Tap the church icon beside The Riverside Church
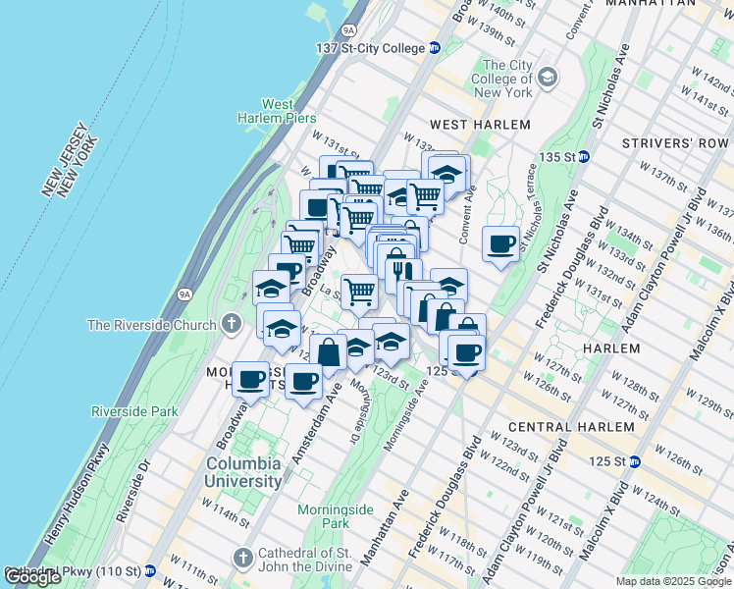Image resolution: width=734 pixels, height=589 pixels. [x=231, y=323]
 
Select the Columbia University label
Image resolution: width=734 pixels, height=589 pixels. [x=243, y=472]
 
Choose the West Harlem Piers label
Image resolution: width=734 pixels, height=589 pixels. [x=277, y=111]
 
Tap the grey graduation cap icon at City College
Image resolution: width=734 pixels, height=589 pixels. [x=548, y=77]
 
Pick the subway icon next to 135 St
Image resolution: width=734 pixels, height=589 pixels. [x=583, y=156]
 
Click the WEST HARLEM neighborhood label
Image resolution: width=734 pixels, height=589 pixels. [x=481, y=125]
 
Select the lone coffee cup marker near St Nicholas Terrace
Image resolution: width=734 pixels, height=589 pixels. [x=500, y=243]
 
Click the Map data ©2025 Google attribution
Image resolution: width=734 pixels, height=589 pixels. [x=673, y=581]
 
